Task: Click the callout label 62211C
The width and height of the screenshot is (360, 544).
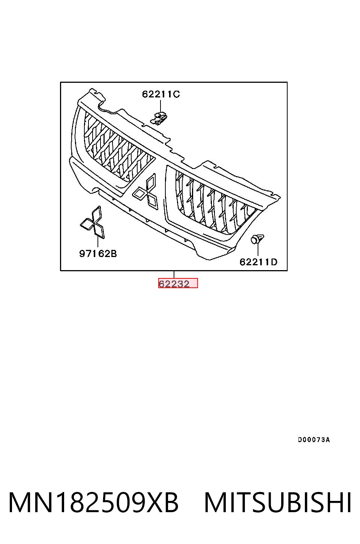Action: pos(161,94)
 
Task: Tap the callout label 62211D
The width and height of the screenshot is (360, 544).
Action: pos(258,262)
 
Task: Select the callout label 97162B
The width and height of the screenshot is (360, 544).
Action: pos(98,254)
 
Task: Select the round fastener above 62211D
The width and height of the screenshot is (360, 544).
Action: pos(257,239)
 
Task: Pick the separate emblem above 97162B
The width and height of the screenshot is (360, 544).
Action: pos(93,222)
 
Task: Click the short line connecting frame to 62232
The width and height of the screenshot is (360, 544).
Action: pos(174,274)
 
